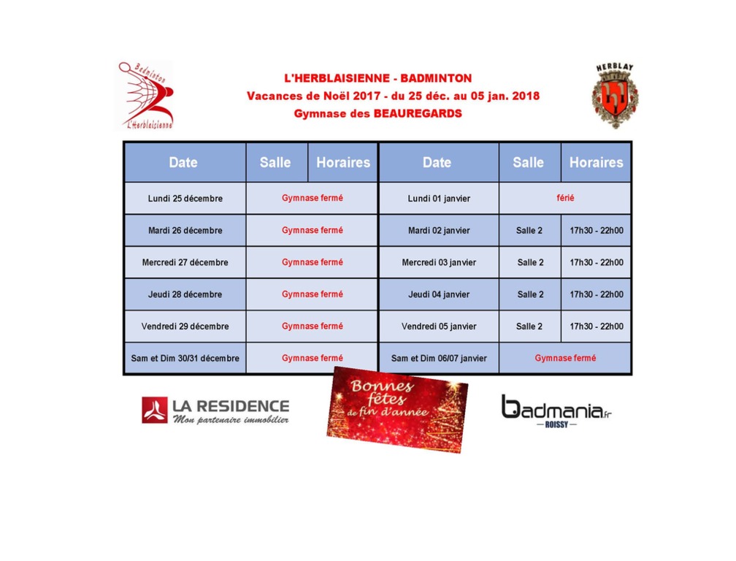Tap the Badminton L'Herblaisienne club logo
(x=146, y=95)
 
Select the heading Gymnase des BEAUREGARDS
(x=377, y=113)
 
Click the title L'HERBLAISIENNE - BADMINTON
(x=377, y=78)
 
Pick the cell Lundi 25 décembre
(x=185, y=199)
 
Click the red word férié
(x=564, y=198)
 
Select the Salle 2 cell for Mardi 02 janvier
(x=529, y=230)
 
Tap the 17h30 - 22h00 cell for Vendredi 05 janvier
(x=596, y=327)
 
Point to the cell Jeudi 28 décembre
(x=185, y=294)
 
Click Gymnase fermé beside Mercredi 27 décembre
(x=312, y=262)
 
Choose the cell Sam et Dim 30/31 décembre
(x=185, y=359)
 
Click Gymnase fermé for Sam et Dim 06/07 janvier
(x=564, y=359)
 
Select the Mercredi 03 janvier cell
(x=438, y=262)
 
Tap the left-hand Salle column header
(x=275, y=162)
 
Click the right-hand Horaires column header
(x=596, y=162)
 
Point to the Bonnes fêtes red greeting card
(x=398, y=409)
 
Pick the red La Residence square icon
(x=154, y=410)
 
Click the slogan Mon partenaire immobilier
(x=230, y=420)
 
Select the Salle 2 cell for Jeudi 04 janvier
(x=529, y=294)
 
